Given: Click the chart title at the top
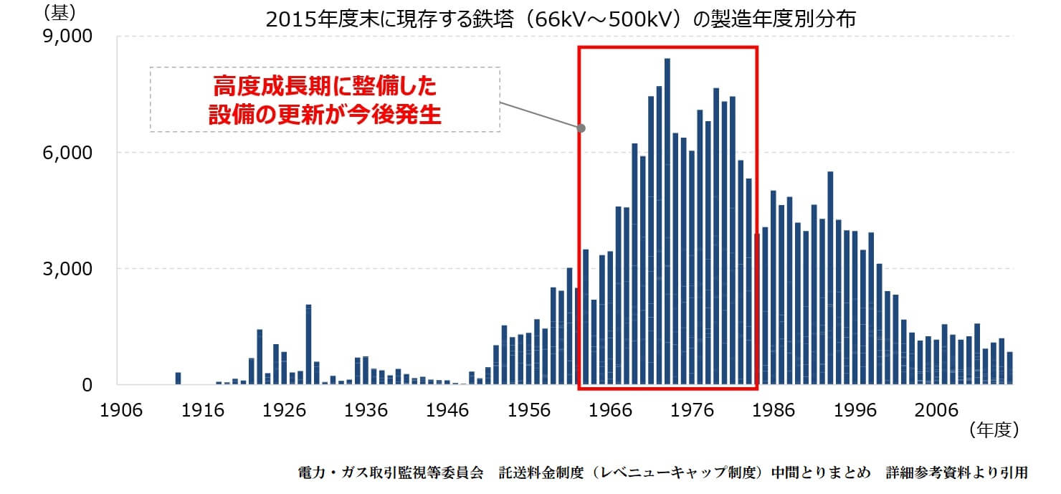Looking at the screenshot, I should (x=560, y=19).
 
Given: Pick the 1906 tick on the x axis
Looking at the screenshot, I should (x=119, y=410).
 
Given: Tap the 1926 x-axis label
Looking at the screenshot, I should (x=283, y=410).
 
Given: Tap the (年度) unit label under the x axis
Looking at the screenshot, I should (x=993, y=430).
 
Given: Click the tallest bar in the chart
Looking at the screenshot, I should (x=667, y=215).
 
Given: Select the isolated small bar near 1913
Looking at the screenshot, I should (x=178, y=379).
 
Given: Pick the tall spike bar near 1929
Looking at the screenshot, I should (x=308, y=344).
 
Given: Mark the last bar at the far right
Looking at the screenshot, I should (x=1009, y=369).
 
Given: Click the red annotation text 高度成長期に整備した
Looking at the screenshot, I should (x=325, y=87).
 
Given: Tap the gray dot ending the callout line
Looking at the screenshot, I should (x=581, y=129).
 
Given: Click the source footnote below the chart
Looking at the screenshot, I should (x=662, y=473).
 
